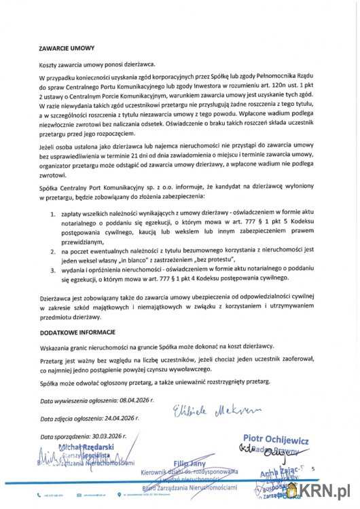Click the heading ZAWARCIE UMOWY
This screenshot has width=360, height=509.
click(67, 49)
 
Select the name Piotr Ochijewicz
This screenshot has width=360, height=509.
click(271, 439)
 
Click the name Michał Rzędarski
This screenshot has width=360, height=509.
click(87, 447)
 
